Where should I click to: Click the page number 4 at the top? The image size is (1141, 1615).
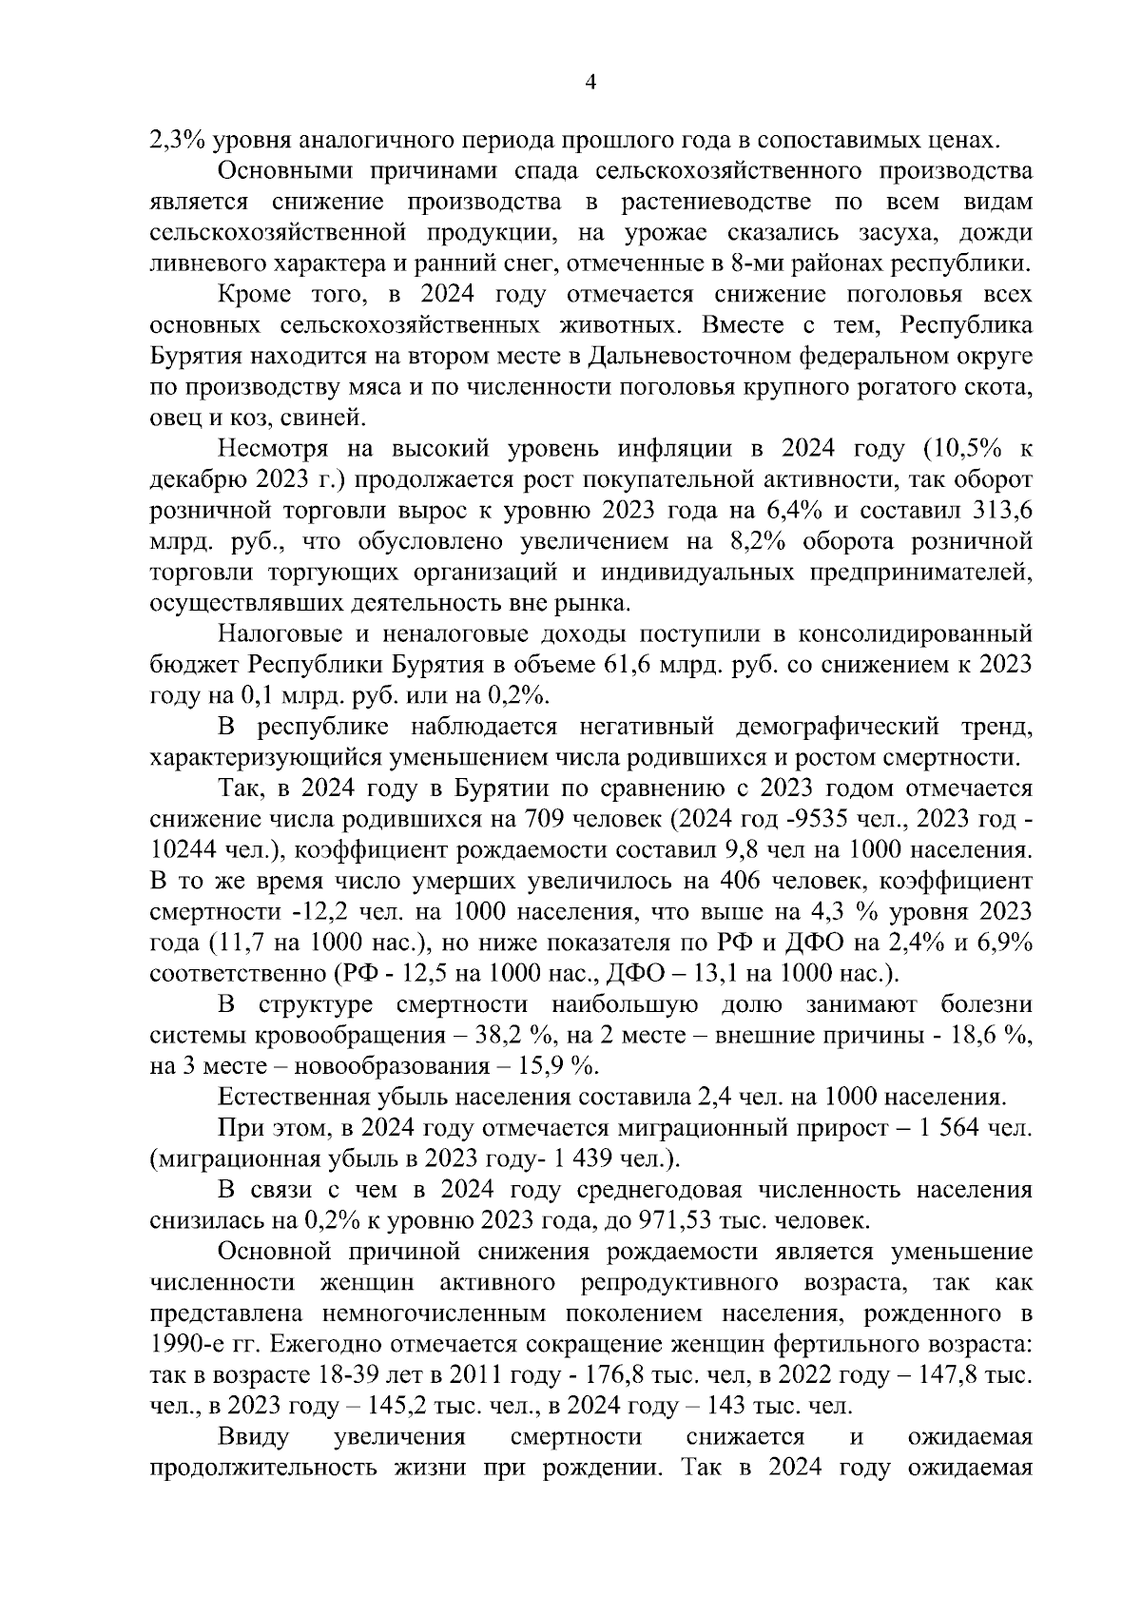click(x=589, y=84)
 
